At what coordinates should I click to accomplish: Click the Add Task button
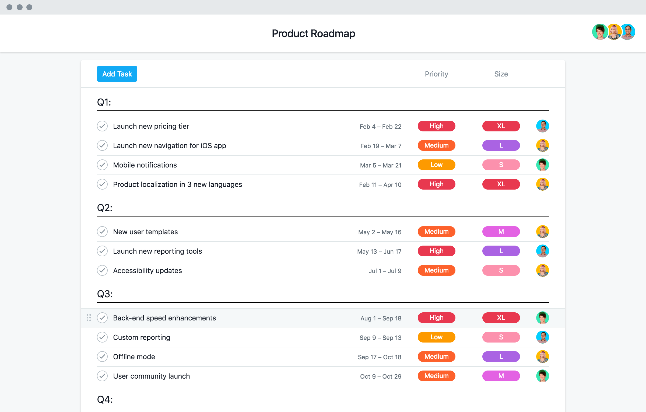click(117, 74)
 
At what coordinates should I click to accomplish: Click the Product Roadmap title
click(313, 34)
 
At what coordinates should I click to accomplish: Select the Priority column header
click(436, 74)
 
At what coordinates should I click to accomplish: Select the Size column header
click(501, 74)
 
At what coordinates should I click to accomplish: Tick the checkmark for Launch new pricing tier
click(102, 126)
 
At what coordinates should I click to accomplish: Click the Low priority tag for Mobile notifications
click(436, 165)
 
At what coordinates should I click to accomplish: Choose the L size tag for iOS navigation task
click(501, 145)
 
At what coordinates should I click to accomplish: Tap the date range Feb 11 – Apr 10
click(380, 185)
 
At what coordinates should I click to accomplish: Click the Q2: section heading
click(105, 208)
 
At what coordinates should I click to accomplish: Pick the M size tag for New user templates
click(501, 232)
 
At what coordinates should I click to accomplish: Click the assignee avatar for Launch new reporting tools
click(542, 251)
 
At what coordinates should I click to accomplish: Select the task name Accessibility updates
click(148, 271)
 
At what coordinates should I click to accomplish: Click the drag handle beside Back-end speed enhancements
click(89, 318)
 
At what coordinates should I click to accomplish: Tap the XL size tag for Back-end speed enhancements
click(501, 318)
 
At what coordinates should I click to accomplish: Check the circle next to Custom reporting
click(102, 337)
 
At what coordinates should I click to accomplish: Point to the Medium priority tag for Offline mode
click(436, 357)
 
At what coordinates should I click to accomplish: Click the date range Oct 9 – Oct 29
click(381, 376)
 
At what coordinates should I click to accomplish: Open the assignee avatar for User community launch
click(542, 376)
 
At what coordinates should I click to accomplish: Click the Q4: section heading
click(105, 400)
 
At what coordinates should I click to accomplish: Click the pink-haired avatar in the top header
click(614, 32)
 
